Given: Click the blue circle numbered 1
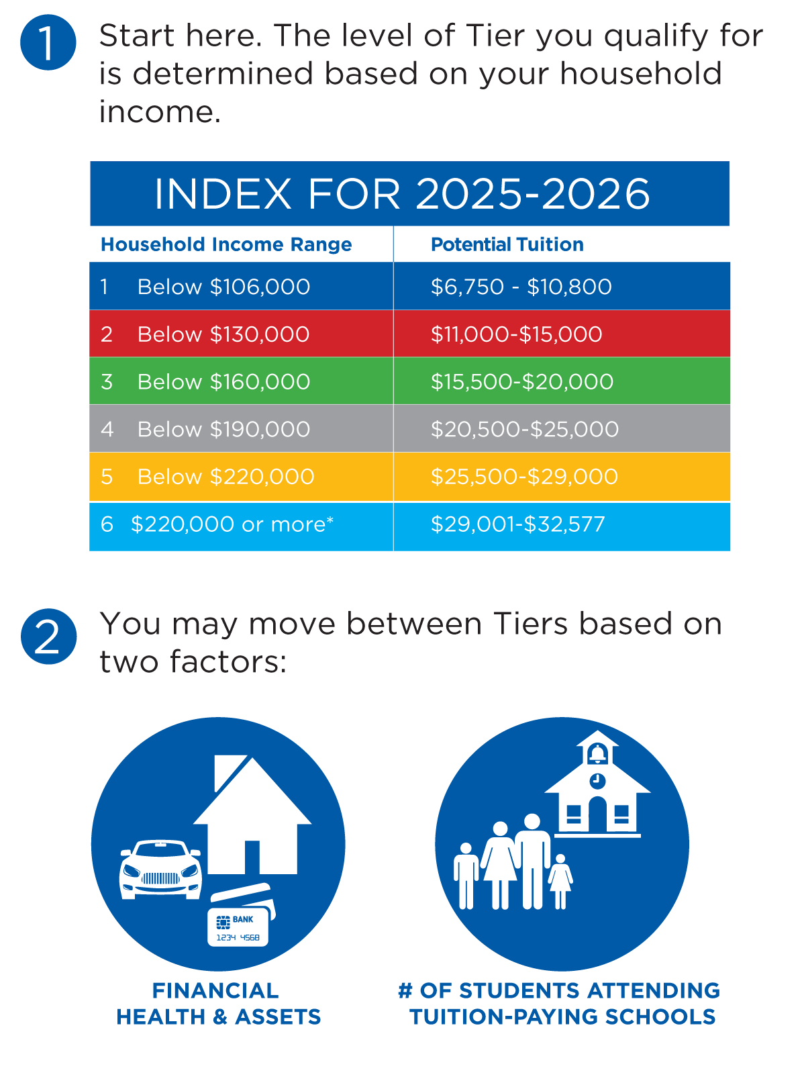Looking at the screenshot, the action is click(x=48, y=42).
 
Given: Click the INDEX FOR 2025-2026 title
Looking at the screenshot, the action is click(x=402, y=193).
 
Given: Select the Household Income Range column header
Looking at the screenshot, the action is click(x=226, y=244).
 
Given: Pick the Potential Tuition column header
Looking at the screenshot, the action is click(x=507, y=244).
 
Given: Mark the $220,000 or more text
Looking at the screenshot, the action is click(x=232, y=524).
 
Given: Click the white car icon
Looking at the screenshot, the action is click(x=160, y=869).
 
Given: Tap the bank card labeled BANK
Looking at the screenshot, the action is click(x=238, y=927).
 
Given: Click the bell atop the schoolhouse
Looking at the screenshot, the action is click(x=597, y=753).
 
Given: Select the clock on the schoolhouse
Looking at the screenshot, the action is click(x=597, y=780).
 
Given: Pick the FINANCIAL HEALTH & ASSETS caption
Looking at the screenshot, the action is click(x=217, y=1003).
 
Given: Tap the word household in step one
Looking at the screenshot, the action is click(x=640, y=73).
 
